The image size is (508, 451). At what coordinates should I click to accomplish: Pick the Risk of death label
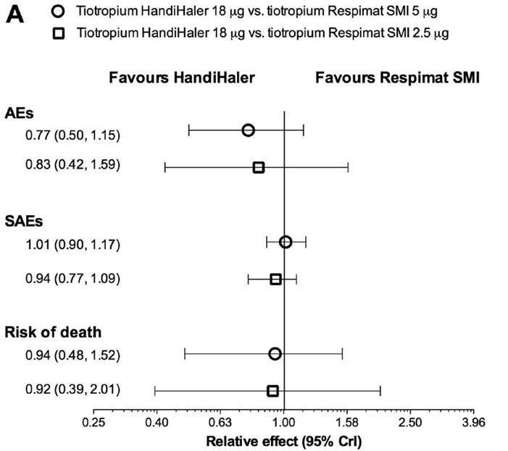point(53,333)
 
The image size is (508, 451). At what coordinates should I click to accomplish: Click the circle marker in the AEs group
point(248,130)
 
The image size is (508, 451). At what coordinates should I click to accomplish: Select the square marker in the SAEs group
point(275,279)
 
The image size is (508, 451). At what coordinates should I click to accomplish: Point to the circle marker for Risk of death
point(275,353)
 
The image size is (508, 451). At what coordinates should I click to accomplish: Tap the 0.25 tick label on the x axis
point(93,422)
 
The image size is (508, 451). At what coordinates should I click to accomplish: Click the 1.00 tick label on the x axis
point(283,422)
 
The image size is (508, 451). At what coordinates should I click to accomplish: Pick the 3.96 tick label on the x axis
point(474,422)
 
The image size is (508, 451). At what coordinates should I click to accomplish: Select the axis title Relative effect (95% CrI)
point(283,439)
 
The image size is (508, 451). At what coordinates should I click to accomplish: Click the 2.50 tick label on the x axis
point(410,422)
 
